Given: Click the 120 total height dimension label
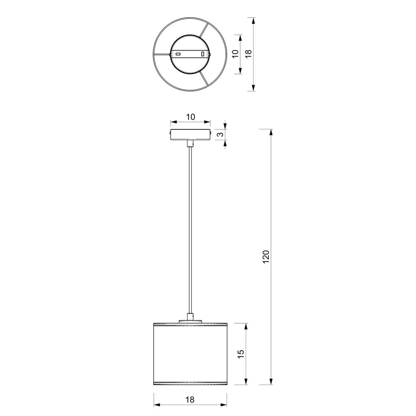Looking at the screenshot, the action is pos(266,257).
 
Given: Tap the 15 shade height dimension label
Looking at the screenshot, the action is pos(240,354).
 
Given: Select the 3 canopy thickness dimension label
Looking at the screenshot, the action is pos(220,134).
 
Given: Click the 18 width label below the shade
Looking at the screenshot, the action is pos(190,399).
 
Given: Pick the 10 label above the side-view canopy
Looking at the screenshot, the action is pos(190,117).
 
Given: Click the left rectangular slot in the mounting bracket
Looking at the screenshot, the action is pos(178,54).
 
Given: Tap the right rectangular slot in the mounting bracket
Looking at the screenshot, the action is pos(203,54).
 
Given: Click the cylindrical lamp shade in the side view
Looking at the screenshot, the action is pos(190,353).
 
